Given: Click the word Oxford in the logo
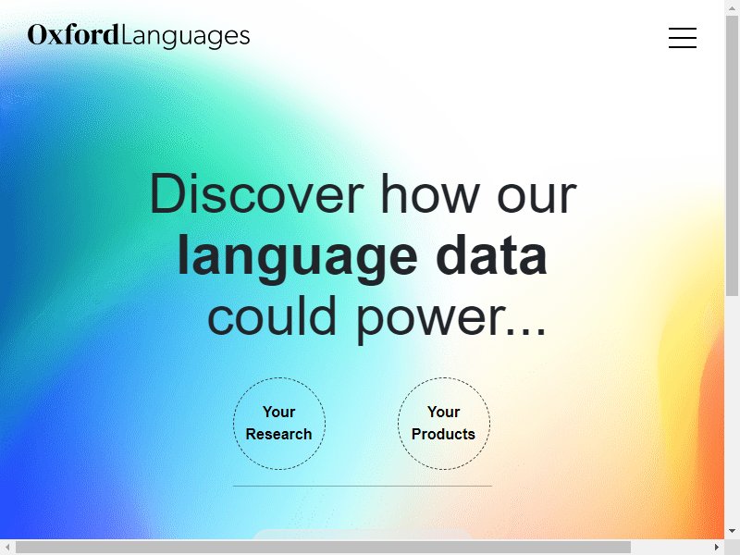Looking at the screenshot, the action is [x=73, y=35].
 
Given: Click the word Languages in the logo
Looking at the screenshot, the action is [x=186, y=37].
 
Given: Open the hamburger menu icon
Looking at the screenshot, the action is [x=683, y=38].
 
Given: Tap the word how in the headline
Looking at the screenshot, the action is [x=430, y=194].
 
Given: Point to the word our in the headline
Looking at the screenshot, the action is [x=537, y=197].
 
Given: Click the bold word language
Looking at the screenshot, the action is [x=297, y=258].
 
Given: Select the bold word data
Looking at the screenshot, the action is [x=491, y=254].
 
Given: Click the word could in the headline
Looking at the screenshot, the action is [x=272, y=315].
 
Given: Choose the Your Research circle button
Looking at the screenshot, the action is [x=279, y=424].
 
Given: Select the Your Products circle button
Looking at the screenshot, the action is [x=444, y=424].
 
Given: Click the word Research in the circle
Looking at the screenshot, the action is [x=279, y=434].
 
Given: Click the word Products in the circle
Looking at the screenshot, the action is [x=443, y=434].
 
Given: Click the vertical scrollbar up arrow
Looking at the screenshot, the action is [x=732, y=7].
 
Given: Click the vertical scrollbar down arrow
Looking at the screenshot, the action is [x=732, y=531].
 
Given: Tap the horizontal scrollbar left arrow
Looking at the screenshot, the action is [x=7, y=547].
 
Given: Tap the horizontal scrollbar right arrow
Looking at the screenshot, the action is [x=717, y=547].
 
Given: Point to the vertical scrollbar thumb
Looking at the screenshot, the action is [x=732, y=155].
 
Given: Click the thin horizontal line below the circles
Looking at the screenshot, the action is [x=363, y=486].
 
